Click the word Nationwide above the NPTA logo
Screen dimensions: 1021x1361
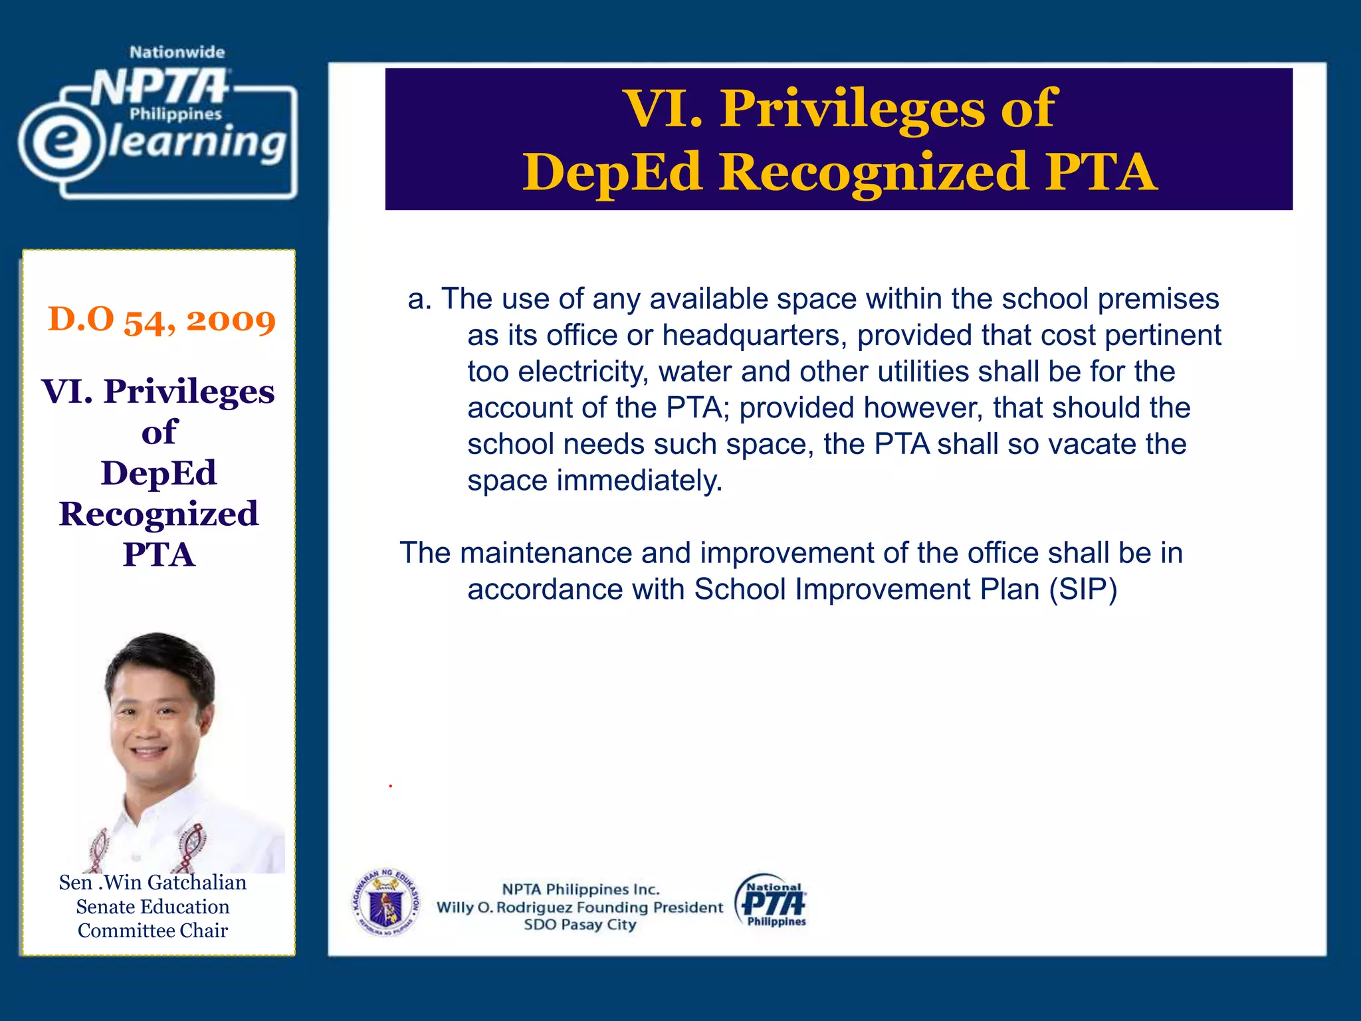[177, 53]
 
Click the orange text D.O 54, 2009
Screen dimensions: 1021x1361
[161, 320]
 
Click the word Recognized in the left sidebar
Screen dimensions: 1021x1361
[159, 514]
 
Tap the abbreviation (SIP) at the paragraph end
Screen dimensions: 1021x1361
[1083, 590]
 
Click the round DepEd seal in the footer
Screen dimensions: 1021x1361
[385, 902]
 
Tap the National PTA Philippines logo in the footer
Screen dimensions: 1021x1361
[772, 902]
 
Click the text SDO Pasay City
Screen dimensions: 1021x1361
[579, 925]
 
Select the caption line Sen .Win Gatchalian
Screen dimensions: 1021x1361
[152, 883]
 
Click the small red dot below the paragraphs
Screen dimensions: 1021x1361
[391, 786]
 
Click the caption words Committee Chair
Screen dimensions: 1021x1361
[152, 931]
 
